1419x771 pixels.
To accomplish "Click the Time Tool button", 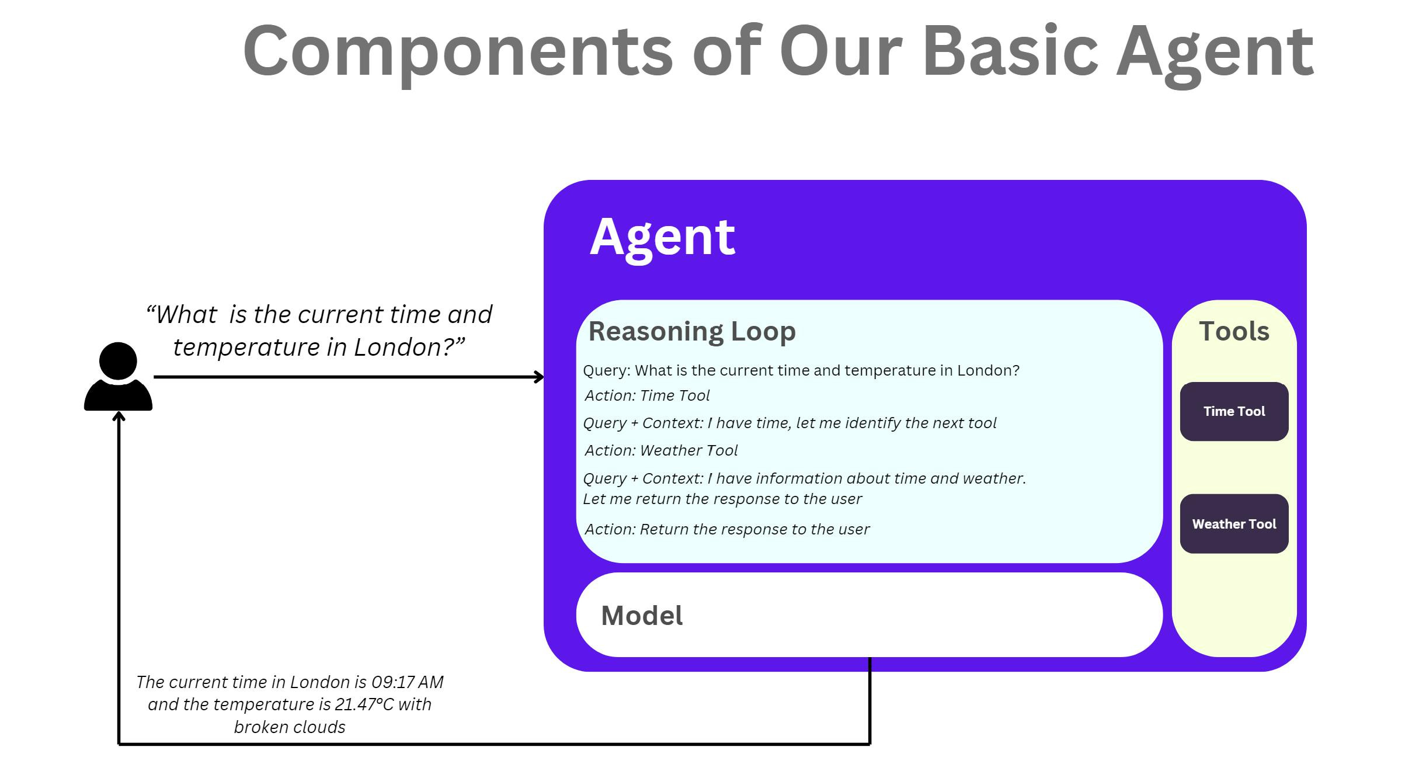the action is pyautogui.click(x=1233, y=411).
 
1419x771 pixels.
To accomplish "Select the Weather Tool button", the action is pyautogui.click(x=1233, y=524).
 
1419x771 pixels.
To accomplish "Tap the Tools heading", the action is pyautogui.click(x=1234, y=331).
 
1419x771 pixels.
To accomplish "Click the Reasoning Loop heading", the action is pyautogui.click(x=691, y=331).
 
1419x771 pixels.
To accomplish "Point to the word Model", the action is pyautogui.click(x=641, y=616).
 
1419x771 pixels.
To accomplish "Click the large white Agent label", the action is pyautogui.click(x=662, y=237).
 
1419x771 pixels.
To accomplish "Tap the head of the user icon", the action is pyautogui.click(x=118, y=360).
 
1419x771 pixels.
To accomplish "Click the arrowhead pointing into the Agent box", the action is pyautogui.click(x=540, y=377).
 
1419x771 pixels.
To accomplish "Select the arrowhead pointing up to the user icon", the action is pyautogui.click(x=119, y=416).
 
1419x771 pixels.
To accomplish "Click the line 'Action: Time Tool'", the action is pyautogui.click(x=646, y=395).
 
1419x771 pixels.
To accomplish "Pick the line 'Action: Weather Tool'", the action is pyautogui.click(x=660, y=450).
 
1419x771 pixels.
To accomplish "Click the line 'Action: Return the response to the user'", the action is pyautogui.click(x=726, y=529).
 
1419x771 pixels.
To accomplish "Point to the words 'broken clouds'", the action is pyautogui.click(x=290, y=727).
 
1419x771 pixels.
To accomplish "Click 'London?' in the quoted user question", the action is pyautogui.click(x=409, y=347).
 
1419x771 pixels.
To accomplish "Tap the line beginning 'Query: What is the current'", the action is pyautogui.click(x=801, y=370).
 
